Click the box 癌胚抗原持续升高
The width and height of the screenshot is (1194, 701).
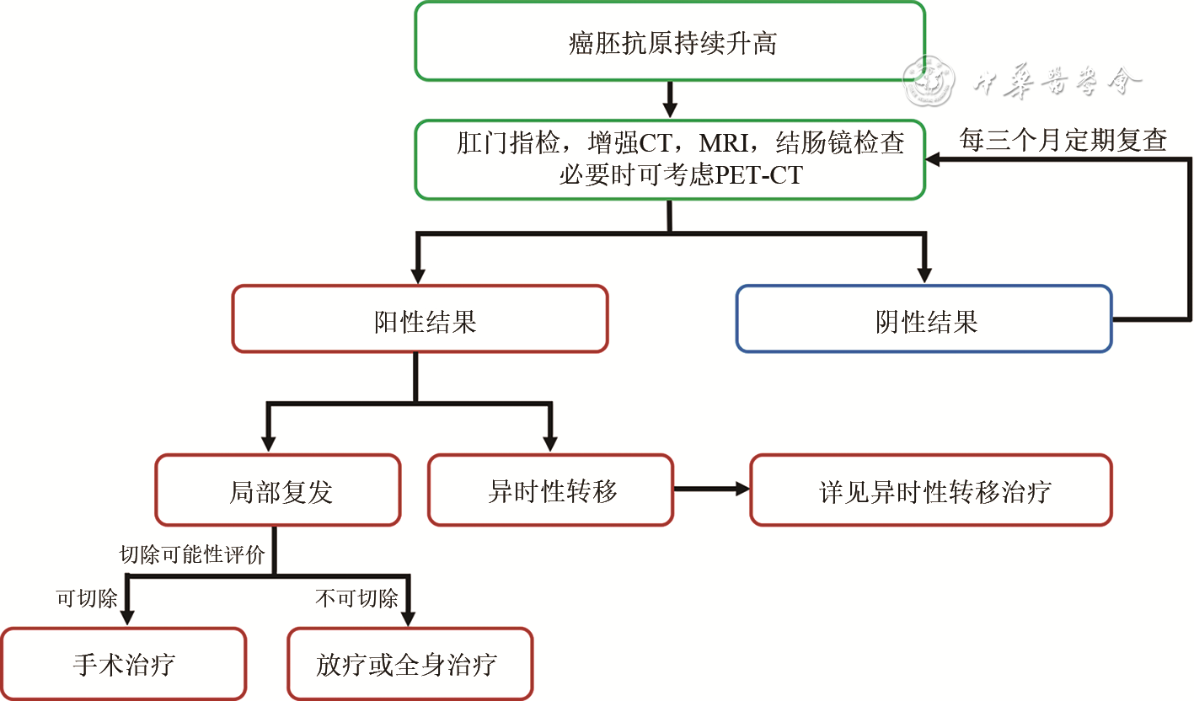click(x=670, y=41)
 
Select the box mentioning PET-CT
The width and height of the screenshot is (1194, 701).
click(x=670, y=159)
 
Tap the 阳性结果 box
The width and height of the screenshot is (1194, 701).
click(x=420, y=318)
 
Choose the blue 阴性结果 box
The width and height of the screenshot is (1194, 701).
click(x=924, y=318)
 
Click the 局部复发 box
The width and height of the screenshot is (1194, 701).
click(x=278, y=490)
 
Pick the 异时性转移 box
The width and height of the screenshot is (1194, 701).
click(x=551, y=490)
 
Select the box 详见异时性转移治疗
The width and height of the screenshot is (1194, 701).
click(x=931, y=490)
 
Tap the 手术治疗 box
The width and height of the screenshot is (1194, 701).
click(x=123, y=664)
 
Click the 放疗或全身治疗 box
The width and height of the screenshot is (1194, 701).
click(x=410, y=664)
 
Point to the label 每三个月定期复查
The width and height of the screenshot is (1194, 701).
click(x=1063, y=140)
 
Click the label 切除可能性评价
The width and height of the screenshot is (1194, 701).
click(x=192, y=555)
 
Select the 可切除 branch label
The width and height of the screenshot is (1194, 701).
click(x=87, y=599)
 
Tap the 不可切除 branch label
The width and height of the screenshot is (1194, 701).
click(x=356, y=599)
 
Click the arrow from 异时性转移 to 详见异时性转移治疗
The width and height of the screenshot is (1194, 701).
click(x=712, y=489)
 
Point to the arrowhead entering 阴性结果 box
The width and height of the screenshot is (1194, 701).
click(x=924, y=275)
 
